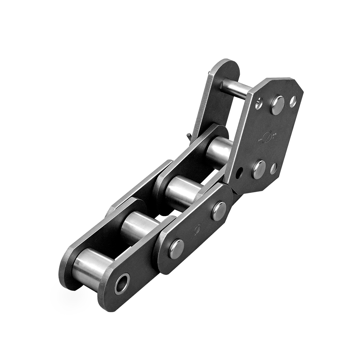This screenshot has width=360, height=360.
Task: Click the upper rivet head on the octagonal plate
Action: click(277, 105)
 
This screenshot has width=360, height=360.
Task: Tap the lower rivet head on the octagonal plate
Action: click(259, 169)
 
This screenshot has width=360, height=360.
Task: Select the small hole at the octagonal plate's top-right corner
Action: click(293, 101)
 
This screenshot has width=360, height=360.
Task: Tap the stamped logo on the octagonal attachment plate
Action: click(267, 138)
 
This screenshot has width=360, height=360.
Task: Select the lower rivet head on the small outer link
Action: click(176, 248)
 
